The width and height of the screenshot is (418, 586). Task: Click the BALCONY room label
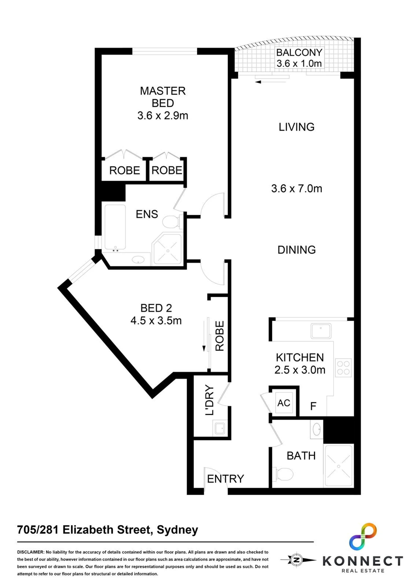pos(299,52)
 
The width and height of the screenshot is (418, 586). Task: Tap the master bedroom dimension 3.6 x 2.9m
pos(163,116)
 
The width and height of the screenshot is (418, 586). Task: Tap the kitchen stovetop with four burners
pos(343,368)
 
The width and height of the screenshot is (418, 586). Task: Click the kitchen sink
pos(321,331)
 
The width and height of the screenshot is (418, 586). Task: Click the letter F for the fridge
pos(313,406)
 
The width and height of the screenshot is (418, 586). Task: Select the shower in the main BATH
pos(339,466)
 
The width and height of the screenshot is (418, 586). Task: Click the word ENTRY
pos(226,479)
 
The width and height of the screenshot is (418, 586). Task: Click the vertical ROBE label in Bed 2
pos(219,336)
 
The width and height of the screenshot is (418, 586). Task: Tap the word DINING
pos(297,250)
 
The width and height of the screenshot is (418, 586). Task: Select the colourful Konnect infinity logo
pos(363,537)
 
